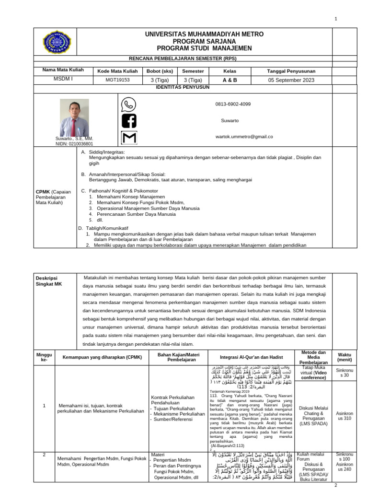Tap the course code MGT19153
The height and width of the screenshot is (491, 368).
pos(117,81)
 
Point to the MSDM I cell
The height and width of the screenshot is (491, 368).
pos(63,80)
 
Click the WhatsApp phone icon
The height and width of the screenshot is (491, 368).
pos(128,105)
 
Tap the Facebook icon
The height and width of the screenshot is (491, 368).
pos(128,121)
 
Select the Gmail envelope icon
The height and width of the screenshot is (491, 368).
pos(128,138)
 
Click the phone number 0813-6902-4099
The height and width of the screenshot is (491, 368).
pos(233,104)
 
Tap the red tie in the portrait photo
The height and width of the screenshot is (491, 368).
pos(73,127)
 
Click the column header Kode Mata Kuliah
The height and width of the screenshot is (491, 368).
pos(117,70)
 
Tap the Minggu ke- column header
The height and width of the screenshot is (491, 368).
pos(44,358)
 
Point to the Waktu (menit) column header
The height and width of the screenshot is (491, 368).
pos(344,358)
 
